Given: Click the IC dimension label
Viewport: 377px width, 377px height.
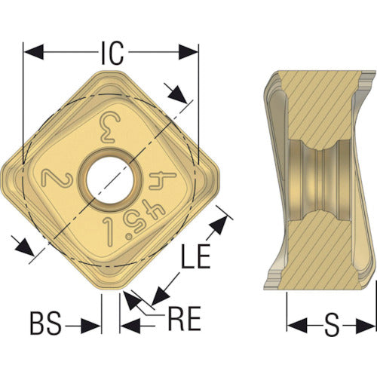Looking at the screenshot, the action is click(x=112, y=53).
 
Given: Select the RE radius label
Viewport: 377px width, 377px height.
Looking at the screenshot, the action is click(x=185, y=318).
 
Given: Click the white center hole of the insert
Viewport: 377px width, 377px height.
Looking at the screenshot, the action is click(x=111, y=180).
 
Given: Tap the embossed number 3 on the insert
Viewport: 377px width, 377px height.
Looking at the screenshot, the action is click(x=110, y=127).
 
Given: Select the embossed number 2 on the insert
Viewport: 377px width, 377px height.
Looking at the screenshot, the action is click(x=57, y=178).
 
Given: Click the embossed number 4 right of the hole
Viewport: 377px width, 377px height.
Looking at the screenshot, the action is click(x=163, y=180).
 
